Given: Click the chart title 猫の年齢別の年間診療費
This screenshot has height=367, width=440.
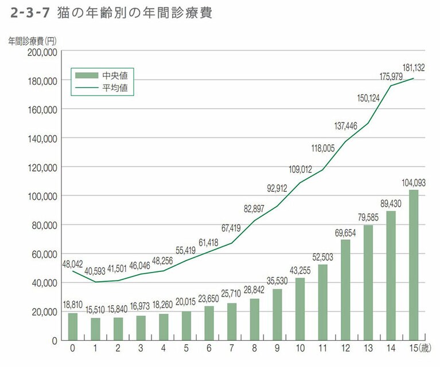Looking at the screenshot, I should [x=135, y=13].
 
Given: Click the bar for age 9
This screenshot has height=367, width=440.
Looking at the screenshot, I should [x=277, y=314].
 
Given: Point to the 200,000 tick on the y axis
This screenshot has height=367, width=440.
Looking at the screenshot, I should [x=41, y=52].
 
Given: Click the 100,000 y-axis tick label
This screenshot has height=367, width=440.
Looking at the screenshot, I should [x=41, y=196].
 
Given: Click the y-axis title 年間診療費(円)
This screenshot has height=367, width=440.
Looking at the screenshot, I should [x=32, y=41].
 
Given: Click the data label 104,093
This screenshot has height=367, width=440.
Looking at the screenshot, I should [x=413, y=183].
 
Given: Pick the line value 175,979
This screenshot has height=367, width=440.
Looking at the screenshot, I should [x=391, y=77].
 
